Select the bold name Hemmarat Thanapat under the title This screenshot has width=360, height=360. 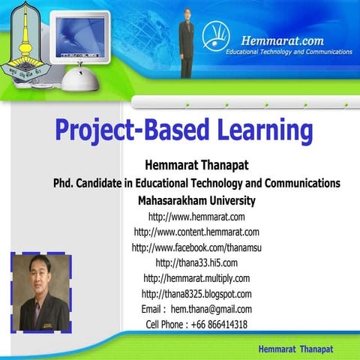196,165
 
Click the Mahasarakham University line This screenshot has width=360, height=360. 196,200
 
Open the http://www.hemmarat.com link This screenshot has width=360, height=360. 196,217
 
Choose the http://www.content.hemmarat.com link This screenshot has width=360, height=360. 196,232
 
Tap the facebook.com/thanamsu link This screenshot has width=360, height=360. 196,247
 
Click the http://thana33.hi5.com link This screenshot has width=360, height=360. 196,262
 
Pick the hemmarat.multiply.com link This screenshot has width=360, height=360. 196,278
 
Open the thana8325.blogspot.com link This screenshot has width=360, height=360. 196,293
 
